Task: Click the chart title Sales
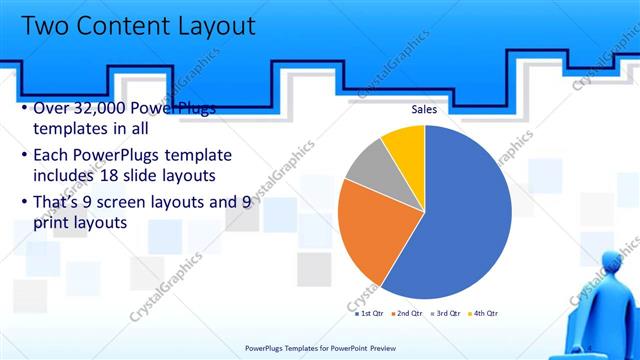coord(425,108)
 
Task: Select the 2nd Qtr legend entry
coord(407,313)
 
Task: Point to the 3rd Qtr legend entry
coord(446,313)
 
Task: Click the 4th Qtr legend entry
coord(484,313)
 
